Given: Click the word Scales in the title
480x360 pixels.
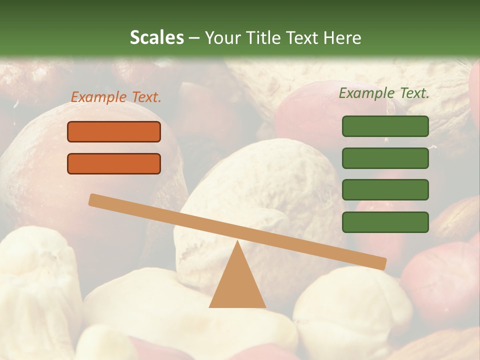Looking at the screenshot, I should [x=156, y=37].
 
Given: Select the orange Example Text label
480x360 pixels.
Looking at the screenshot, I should [x=116, y=97].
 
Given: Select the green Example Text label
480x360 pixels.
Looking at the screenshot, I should [x=384, y=93].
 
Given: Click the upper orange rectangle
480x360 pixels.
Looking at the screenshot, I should [x=114, y=131].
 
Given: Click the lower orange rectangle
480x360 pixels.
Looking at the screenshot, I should [x=114, y=163].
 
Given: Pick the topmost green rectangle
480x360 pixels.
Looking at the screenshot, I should [x=385, y=126].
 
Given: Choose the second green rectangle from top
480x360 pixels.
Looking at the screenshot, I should [x=385, y=158].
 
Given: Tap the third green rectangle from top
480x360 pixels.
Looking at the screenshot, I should [x=385, y=190].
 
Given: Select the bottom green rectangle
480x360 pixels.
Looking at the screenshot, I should [x=385, y=222].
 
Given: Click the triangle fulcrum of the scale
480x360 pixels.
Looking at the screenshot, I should [x=237, y=285].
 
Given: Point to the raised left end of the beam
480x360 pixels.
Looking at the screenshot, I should [x=93, y=199].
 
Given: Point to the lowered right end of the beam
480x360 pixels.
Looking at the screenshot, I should [x=382, y=263].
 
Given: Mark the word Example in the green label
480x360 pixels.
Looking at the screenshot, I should [x=366, y=93].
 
